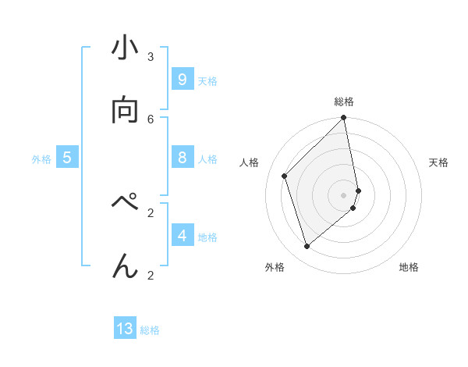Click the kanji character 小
click(x=125, y=49)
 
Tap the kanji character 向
click(x=125, y=111)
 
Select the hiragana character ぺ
click(x=125, y=205)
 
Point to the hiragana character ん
click(x=125, y=266)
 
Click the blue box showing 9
click(x=182, y=80)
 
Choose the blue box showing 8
click(x=182, y=158)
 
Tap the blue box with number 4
click(x=182, y=235)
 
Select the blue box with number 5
click(x=67, y=158)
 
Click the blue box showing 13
click(x=125, y=329)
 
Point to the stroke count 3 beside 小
click(x=151, y=56)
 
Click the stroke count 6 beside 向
click(x=151, y=119)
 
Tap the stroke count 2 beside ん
click(x=151, y=274)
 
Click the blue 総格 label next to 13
click(x=150, y=330)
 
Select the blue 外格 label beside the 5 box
click(x=41, y=159)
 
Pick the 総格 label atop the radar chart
click(x=344, y=102)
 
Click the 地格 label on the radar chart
click(x=409, y=267)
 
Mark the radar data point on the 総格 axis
click(x=344, y=119)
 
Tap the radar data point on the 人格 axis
click(x=285, y=176)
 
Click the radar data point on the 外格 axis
click(x=307, y=247)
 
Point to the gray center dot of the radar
click(x=344, y=195)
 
